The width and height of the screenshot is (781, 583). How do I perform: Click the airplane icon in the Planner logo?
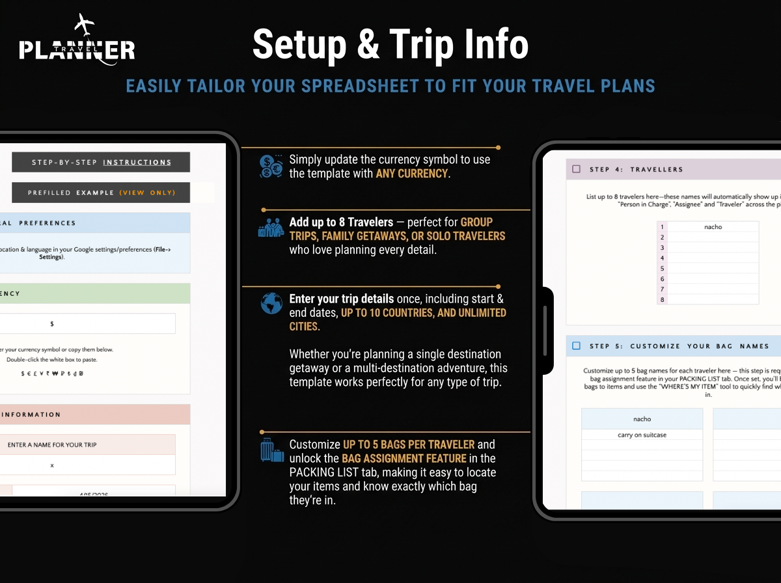[85, 25]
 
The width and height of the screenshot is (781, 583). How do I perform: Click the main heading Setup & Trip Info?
[390, 44]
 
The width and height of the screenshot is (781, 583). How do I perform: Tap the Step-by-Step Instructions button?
[101, 162]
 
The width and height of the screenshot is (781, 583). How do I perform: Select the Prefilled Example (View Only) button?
[101, 193]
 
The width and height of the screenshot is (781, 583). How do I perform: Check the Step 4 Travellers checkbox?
[576, 169]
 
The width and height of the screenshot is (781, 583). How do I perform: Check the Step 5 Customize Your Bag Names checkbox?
[576, 346]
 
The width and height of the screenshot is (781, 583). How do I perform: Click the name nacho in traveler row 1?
[713, 227]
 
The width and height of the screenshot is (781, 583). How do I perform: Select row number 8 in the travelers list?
[663, 299]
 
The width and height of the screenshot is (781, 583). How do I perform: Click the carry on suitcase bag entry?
[642, 435]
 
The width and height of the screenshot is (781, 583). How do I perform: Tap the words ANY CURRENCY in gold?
[412, 174]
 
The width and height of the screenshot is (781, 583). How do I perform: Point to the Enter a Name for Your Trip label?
[52, 445]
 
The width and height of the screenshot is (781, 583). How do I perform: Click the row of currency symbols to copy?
[52, 373]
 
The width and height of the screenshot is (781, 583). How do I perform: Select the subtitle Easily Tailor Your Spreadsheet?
[390, 86]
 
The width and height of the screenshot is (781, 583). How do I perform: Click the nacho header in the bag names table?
[642, 419]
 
